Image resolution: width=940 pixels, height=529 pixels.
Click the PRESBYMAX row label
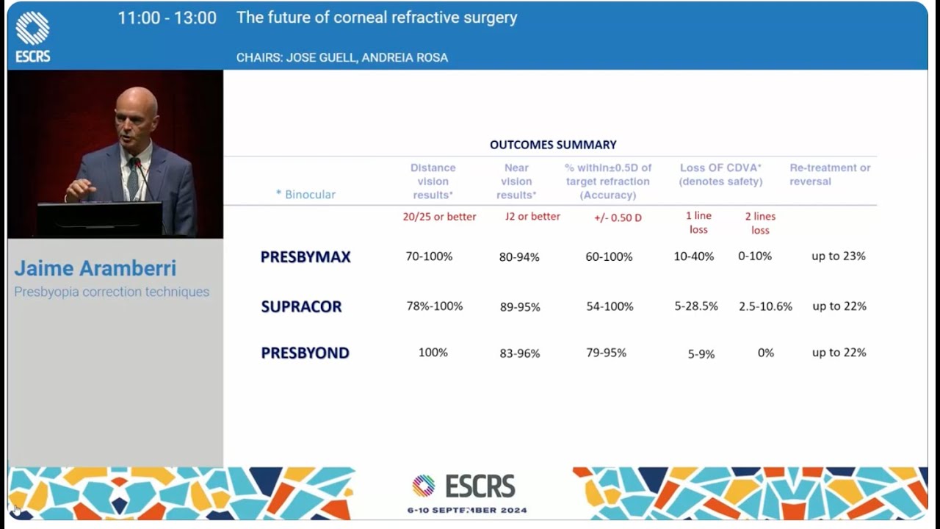coord(305,257)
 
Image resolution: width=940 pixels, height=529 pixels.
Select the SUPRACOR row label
coord(301,306)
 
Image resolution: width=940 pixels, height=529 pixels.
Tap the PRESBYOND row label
coord(305,353)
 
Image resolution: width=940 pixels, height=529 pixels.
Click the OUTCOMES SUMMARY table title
coord(553,145)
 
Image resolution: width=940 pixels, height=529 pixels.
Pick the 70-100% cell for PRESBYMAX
coord(429,256)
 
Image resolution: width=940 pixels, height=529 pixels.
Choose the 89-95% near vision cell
coord(520,307)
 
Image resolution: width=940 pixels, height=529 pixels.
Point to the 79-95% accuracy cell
coord(606,353)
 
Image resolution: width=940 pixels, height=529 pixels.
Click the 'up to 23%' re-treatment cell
coord(838,256)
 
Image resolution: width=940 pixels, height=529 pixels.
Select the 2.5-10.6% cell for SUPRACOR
coord(765,306)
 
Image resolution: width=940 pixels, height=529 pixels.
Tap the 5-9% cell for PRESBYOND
coord(701,354)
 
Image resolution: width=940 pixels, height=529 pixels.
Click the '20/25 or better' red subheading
coord(439,217)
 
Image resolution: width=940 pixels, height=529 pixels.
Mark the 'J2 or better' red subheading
coord(532,217)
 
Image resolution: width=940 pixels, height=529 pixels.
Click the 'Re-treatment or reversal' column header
coord(830,174)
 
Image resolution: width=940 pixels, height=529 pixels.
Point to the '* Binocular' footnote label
coord(305,195)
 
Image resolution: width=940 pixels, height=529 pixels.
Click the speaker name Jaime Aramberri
coord(95,268)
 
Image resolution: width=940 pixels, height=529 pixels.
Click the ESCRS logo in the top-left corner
coord(32,35)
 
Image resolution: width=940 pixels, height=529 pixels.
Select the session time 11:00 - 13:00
coord(167,18)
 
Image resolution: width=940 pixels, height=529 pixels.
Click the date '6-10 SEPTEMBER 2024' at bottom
coord(467,510)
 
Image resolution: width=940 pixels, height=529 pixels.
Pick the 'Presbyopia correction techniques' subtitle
coord(112,292)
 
